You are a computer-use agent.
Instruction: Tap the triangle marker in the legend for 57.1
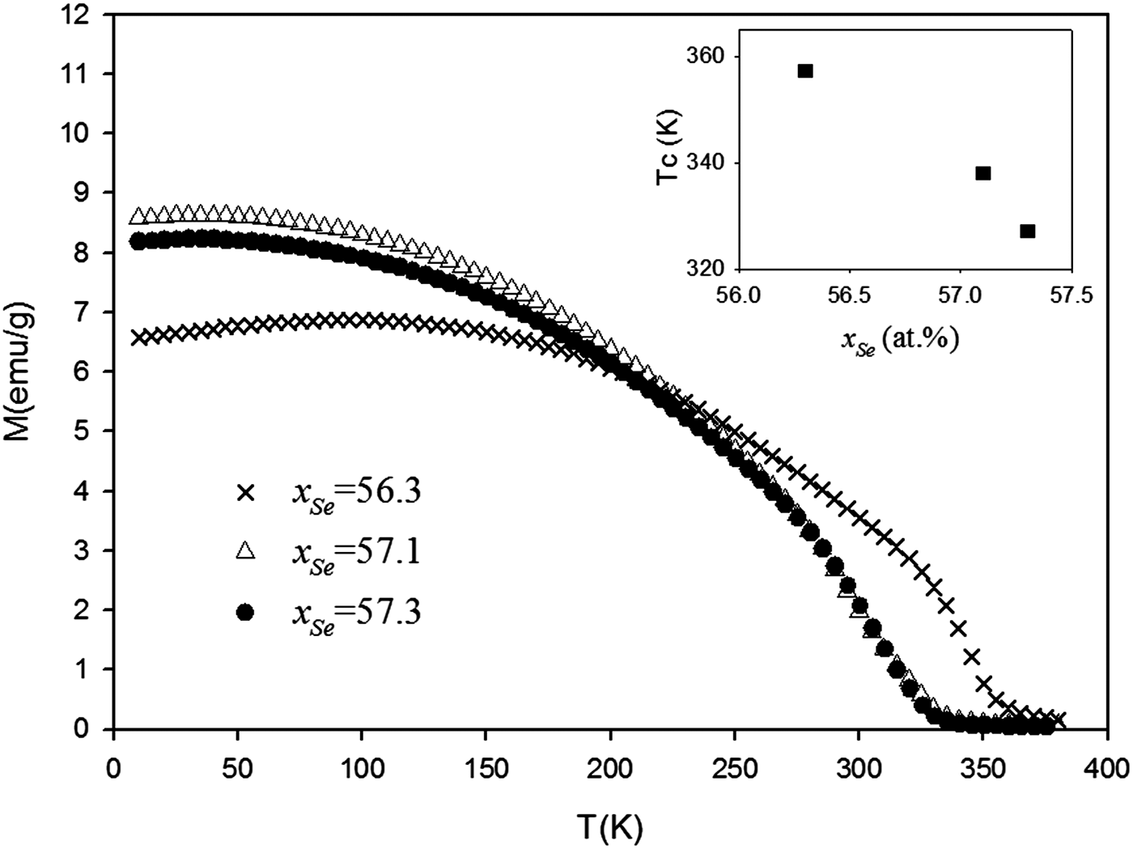[246, 552]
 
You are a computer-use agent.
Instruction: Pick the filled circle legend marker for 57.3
[246, 612]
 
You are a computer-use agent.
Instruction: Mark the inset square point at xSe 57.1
[983, 173]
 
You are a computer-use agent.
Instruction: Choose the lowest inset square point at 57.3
[1028, 231]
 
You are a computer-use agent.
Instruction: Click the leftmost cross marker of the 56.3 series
[138, 337]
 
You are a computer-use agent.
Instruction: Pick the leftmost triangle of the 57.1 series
[138, 217]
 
